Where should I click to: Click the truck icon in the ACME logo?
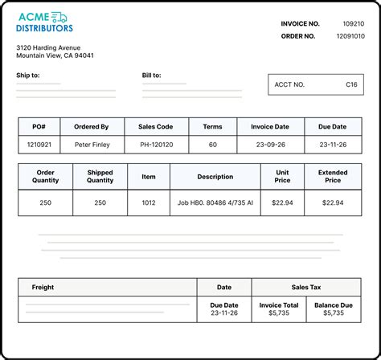pyautogui.click(x=59, y=16)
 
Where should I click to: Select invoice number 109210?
pyautogui.click(x=353, y=24)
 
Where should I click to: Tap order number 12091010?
pyautogui.click(x=349, y=35)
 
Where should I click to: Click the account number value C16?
pyautogui.click(x=351, y=84)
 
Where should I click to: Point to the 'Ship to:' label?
pyautogui.click(x=27, y=76)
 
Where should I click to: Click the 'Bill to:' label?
pyautogui.click(x=151, y=76)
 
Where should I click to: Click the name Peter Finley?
pyautogui.click(x=92, y=145)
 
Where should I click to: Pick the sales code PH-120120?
pyautogui.click(x=156, y=145)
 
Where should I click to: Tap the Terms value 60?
pyautogui.click(x=213, y=145)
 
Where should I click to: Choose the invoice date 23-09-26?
pyautogui.click(x=270, y=145)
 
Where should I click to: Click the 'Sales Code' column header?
pyautogui.click(x=156, y=126)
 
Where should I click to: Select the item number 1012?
pyautogui.click(x=148, y=202)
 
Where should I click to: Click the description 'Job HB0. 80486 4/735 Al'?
pyautogui.click(x=215, y=202)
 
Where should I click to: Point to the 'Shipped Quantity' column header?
pyautogui.click(x=100, y=176)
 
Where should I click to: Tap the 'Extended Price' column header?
pyautogui.click(x=333, y=176)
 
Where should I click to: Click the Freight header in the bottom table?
pyautogui.click(x=43, y=287)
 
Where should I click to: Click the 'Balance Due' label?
pyautogui.click(x=333, y=305)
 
